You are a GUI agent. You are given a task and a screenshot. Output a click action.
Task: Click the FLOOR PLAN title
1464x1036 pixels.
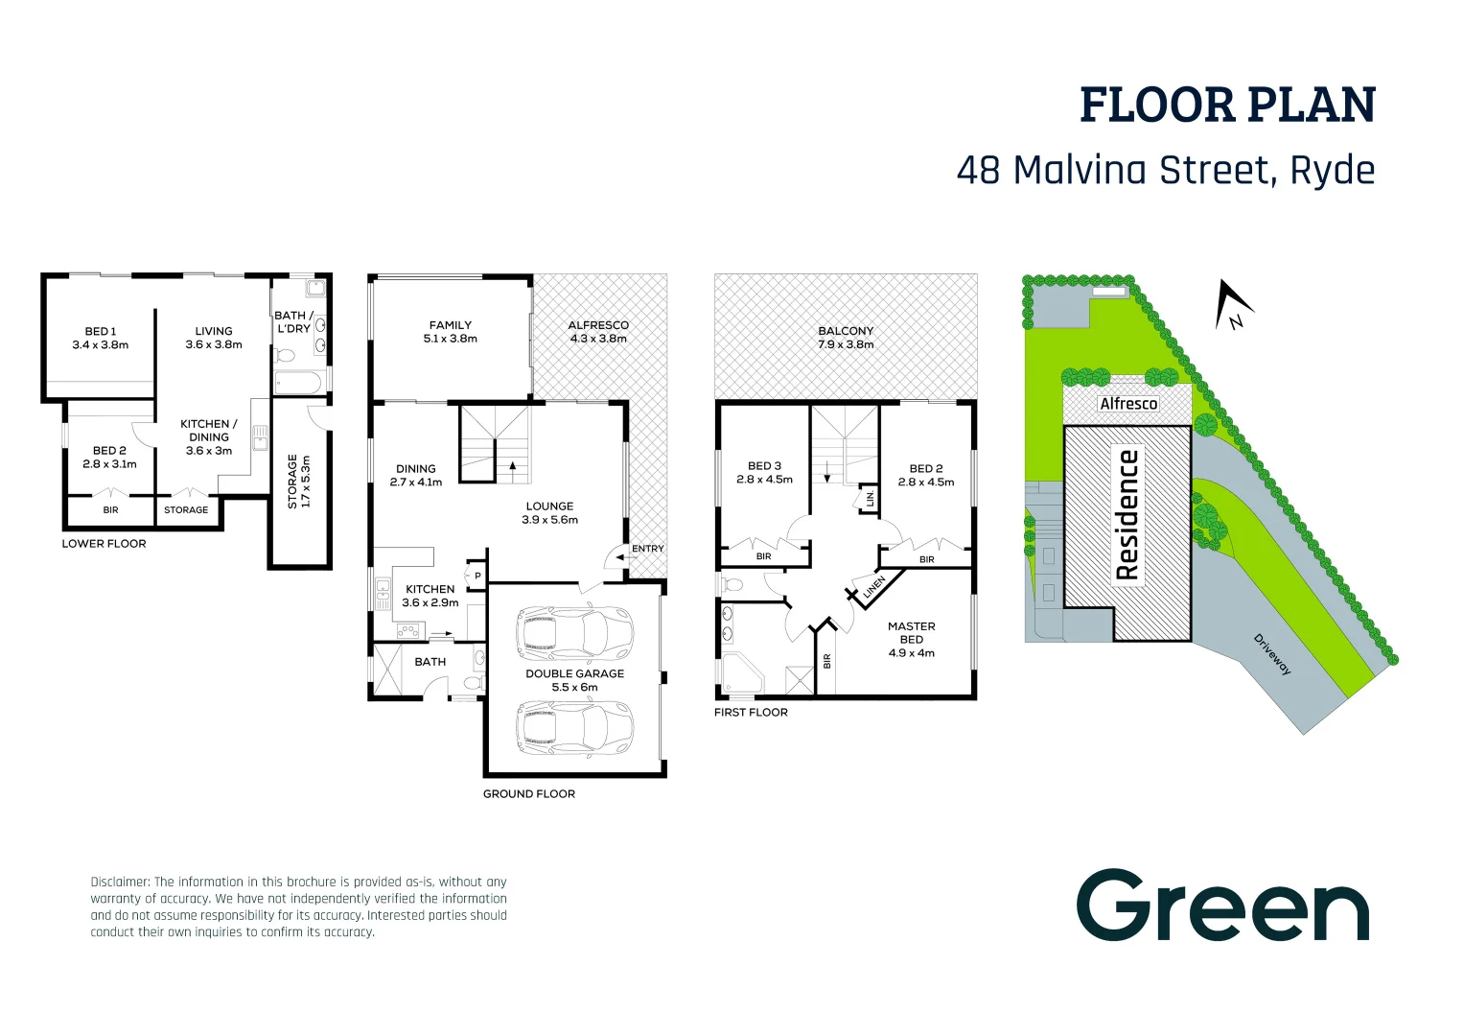(x=1227, y=106)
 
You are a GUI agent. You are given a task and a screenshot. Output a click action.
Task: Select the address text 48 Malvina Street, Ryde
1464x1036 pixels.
(x=1165, y=171)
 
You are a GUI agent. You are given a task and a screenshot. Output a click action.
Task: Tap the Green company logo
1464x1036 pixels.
(x=1222, y=906)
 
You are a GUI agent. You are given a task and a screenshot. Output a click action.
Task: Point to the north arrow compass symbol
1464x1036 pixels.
(x=1233, y=306)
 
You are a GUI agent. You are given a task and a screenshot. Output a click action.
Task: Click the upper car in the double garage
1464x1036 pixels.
(x=574, y=632)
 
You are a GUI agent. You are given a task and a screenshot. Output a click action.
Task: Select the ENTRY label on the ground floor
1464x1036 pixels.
(x=647, y=549)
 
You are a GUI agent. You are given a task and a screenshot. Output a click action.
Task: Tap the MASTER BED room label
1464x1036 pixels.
(x=911, y=639)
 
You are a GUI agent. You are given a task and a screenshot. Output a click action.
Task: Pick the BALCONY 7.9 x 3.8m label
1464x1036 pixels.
(x=846, y=337)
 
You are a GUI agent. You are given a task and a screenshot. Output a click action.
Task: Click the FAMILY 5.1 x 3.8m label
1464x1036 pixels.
(x=451, y=332)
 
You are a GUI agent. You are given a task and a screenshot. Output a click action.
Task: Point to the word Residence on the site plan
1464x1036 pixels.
(x=1127, y=515)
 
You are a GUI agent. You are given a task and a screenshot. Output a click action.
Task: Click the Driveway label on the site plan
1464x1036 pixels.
(x=1272, y=654)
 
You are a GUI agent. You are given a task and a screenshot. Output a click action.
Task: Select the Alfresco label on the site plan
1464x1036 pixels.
(x=1128, y=404)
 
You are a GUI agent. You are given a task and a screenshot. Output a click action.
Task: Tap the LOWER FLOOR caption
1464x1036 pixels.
(x=104, y=544)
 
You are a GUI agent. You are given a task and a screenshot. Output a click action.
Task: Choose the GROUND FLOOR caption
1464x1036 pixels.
(x=528, y=794)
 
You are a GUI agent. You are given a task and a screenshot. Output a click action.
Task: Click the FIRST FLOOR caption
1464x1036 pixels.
(x=751, y=713)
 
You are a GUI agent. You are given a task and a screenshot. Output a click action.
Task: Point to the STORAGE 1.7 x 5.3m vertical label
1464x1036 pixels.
(x=299, y=482)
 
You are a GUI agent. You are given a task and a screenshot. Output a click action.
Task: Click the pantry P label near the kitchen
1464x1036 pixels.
(x=477, y=576)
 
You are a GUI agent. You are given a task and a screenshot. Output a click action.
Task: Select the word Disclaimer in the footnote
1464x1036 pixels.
(x=120, y=882)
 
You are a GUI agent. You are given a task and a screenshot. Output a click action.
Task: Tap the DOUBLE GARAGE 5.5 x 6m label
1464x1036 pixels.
(x=574, y=680)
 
